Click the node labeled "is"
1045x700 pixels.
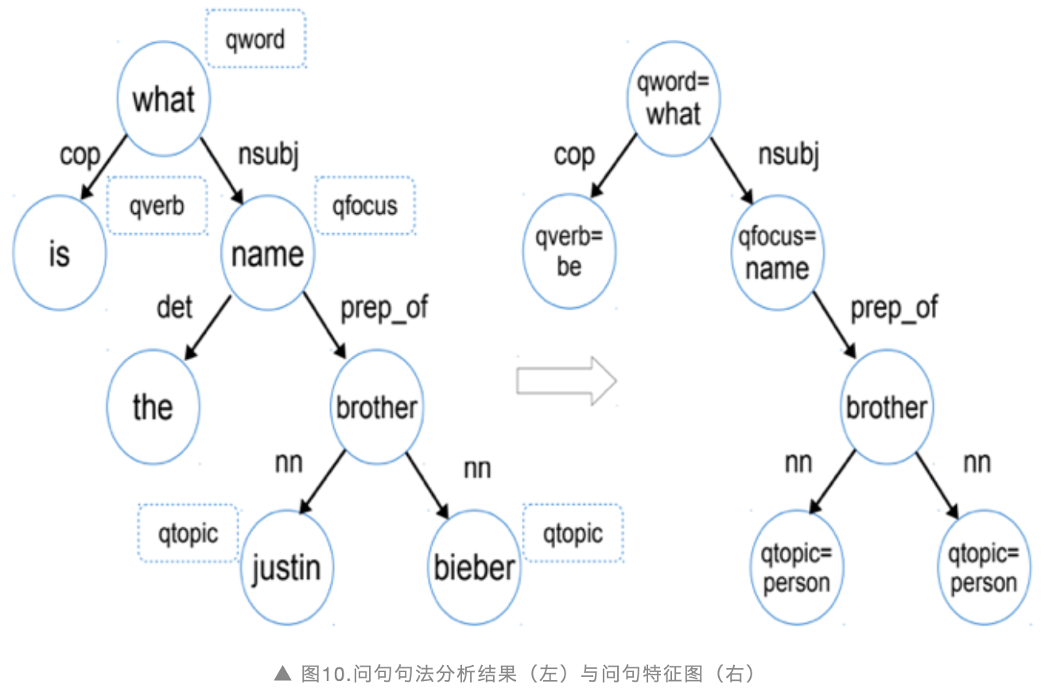pyautogui.click(x=60, y=253)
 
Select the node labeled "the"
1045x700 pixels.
pyautogui.click(x=153, y=407)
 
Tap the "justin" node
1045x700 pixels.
pyautogui.click(x=287, y=567)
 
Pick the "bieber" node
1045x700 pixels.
pyautogui.click(x=475, y=567)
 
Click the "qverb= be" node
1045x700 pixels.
pyautogui.click(x=569, y=252)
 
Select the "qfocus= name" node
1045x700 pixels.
pyautogui.click(x=778, y=253)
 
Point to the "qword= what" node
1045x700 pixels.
pyautogui.click(x=674, y=99)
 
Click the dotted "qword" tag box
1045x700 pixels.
pyautogui.click(x=255, y=39)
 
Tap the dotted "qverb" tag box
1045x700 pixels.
pyautogui.click(x=157, y=206)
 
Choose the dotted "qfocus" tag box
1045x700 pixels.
pyautogui.click(x=365, y=206)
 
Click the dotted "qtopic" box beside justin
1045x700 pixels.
pyautogui.click(x=188, y=534)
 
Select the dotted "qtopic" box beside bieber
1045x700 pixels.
pyautogui.click(x=573, y=534)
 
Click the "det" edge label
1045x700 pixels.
pyautogui.click(x=174, y=308)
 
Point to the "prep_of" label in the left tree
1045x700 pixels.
pyautogui.click(x=384, y=309)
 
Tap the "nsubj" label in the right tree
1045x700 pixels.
pyautogui.click(x=789, y=155)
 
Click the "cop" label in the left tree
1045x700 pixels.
pyautogui.click(x=80, y=156)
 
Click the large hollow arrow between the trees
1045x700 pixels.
pyautogui.click(x=566, y=381)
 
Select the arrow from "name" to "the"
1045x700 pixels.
pyautogui.click(x=208, y=328)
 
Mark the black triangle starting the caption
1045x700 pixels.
pyautogui.click(x=282, y=673)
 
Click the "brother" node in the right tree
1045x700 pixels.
pyautogui.click(x=887, y=407)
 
